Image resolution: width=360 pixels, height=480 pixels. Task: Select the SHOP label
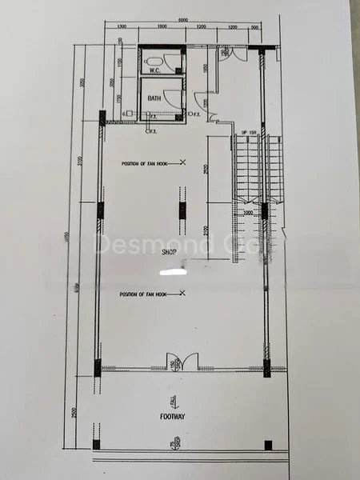169,252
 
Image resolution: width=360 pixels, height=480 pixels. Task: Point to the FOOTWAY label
173,417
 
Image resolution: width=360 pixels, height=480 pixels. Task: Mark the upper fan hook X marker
183,163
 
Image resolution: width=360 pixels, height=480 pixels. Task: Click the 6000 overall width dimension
183,19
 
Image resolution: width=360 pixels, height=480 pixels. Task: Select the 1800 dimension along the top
161,27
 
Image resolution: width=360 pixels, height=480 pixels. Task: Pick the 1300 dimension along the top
122,27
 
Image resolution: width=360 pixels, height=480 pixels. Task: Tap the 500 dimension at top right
254,27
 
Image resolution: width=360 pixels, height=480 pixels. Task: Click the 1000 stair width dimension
248,212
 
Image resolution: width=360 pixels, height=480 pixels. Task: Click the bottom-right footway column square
269,444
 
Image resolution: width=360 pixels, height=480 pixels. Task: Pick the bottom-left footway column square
97,444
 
